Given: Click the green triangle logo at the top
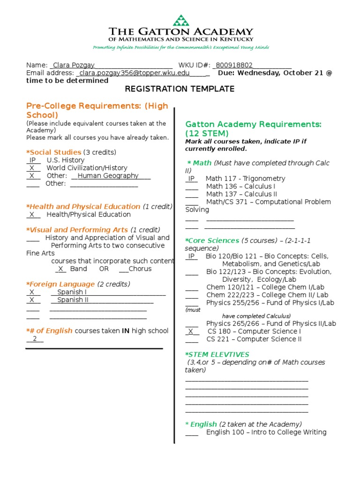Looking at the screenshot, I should [x=180, y=21].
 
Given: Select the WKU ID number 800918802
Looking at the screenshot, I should [x=234, y=65].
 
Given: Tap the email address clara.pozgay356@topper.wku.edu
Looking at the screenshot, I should [x=135, y=73].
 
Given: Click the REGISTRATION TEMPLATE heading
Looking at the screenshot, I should [x=180, y=89].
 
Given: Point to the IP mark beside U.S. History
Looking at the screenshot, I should [x=33, y=160].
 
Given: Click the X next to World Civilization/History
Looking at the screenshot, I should [x=32, y=168].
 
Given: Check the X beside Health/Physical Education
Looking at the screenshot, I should [x=32, y=214].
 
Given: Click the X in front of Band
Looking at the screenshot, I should [x=60, y=269].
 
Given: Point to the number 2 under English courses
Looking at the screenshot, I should [x=35, y=339].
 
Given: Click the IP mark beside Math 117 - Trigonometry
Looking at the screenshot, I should [x=191, y=179].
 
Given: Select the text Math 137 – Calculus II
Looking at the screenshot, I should [x=241, y=194].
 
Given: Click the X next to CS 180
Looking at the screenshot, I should [x=190, y=331].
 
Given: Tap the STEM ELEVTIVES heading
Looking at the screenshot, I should [x=217, y=354].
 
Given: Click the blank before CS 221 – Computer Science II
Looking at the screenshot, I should [x=192, y=339].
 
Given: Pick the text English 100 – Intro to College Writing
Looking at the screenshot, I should [x=266, y=432].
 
